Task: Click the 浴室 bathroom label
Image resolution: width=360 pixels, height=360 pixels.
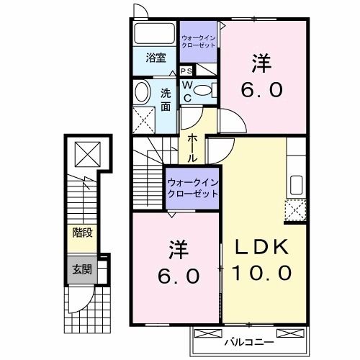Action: pyautogui.click(x=156, y=58)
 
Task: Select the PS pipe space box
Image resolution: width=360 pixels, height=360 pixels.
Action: pyautogui.click(x=186, y=71)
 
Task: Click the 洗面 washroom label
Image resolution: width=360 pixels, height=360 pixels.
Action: pyautogui.click(x=166, y=99)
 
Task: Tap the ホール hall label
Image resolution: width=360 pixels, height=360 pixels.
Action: pyautogui.click(x=193, y=147)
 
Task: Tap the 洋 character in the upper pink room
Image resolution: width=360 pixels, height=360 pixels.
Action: pyautogui.click(x=261, y=63)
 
